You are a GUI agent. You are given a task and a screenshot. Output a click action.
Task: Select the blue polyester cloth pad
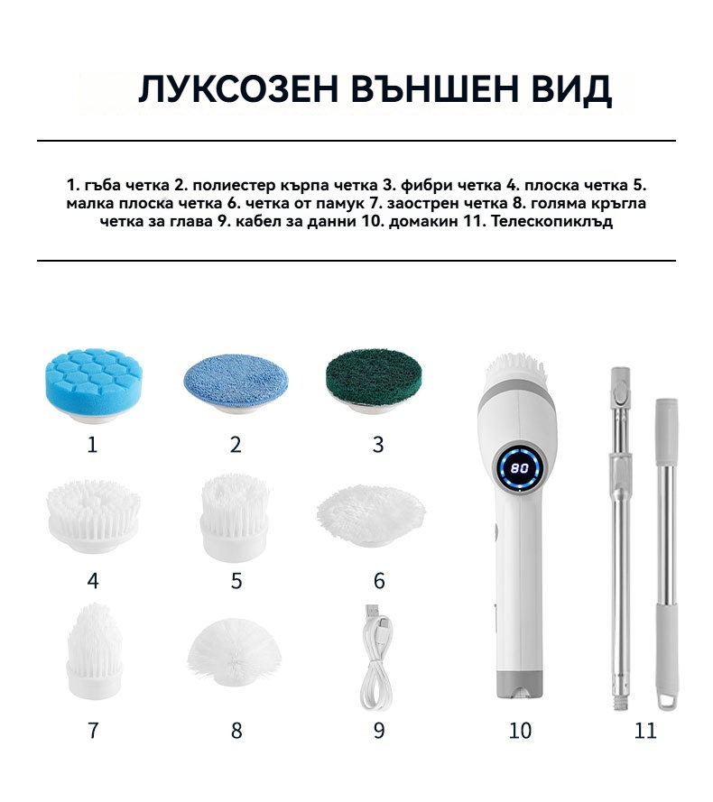point(236,383)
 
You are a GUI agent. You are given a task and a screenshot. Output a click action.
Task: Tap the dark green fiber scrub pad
point(375,381)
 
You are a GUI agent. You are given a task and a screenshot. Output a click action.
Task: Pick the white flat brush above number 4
point(93,516)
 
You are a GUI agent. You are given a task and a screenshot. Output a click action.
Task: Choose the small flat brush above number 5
point(235,518)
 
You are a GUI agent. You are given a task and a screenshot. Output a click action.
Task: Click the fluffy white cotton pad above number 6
point(371,514)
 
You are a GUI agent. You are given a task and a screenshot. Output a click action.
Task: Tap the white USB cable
point(376,658)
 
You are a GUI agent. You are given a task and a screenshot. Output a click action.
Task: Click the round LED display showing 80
point(520,467)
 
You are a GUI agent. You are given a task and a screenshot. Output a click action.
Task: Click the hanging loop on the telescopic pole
point(667,701)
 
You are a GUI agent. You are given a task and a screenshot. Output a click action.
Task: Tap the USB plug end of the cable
point(372,613)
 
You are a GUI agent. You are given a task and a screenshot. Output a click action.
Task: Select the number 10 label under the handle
point(520,731)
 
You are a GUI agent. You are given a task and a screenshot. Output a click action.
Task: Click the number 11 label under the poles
point(645,731)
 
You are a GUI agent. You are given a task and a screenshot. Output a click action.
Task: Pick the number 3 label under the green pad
point(378,445)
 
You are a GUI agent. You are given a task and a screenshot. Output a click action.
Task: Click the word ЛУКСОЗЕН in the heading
point(238,89)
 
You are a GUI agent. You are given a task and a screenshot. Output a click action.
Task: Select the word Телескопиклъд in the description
point(552,222)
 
